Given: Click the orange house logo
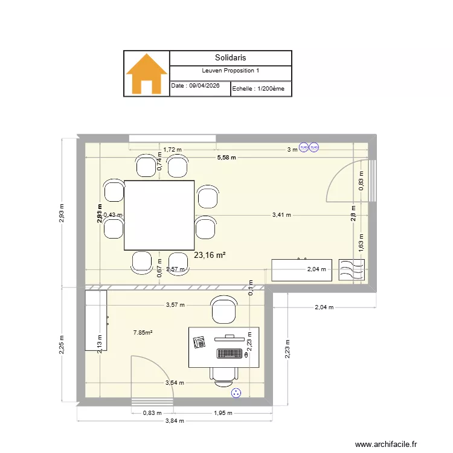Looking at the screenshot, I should coord(146,74).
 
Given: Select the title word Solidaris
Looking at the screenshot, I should coord(230,58).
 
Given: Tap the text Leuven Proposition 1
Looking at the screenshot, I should coord(231,71).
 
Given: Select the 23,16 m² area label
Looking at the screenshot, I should coord(210,255).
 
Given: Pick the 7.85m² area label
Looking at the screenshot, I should coord(143,332).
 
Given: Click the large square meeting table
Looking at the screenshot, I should coord(159,215).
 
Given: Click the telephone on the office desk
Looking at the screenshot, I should coord(199,343).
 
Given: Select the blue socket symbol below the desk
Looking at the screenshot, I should coord(236,393).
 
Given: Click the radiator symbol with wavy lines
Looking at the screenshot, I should coord(352,270).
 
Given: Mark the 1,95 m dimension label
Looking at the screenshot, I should coord(223,413).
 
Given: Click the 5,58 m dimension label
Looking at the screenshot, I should coord(226,157).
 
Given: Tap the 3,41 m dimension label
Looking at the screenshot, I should coord(281,214).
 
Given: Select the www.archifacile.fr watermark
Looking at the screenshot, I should coord(385,444).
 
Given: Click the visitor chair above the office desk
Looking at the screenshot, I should coord(222,309).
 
